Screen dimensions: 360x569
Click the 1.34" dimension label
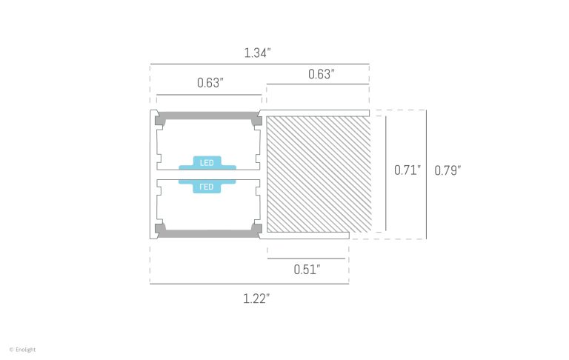click(257, 53)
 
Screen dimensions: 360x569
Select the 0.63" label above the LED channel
click(210, 83)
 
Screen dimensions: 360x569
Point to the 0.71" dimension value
click(407, 170)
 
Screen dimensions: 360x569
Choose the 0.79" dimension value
click(447, 170)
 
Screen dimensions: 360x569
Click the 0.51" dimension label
click(306, 270)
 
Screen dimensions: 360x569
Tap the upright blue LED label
click(207, 161)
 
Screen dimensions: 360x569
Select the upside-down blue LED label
click(207, 187)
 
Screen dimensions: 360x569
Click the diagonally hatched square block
click(319, 174)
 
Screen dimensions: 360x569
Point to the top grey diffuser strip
click(207, 116)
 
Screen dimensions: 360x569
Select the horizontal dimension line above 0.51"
click(306, 259)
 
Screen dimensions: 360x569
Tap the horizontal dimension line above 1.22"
click(249, 284)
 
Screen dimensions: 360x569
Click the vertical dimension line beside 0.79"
click(427, 174)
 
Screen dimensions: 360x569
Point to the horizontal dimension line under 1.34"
click(259, 64)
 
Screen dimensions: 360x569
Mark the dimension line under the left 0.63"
click(209, 94)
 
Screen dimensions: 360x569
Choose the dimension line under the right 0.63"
click(318, 84)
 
